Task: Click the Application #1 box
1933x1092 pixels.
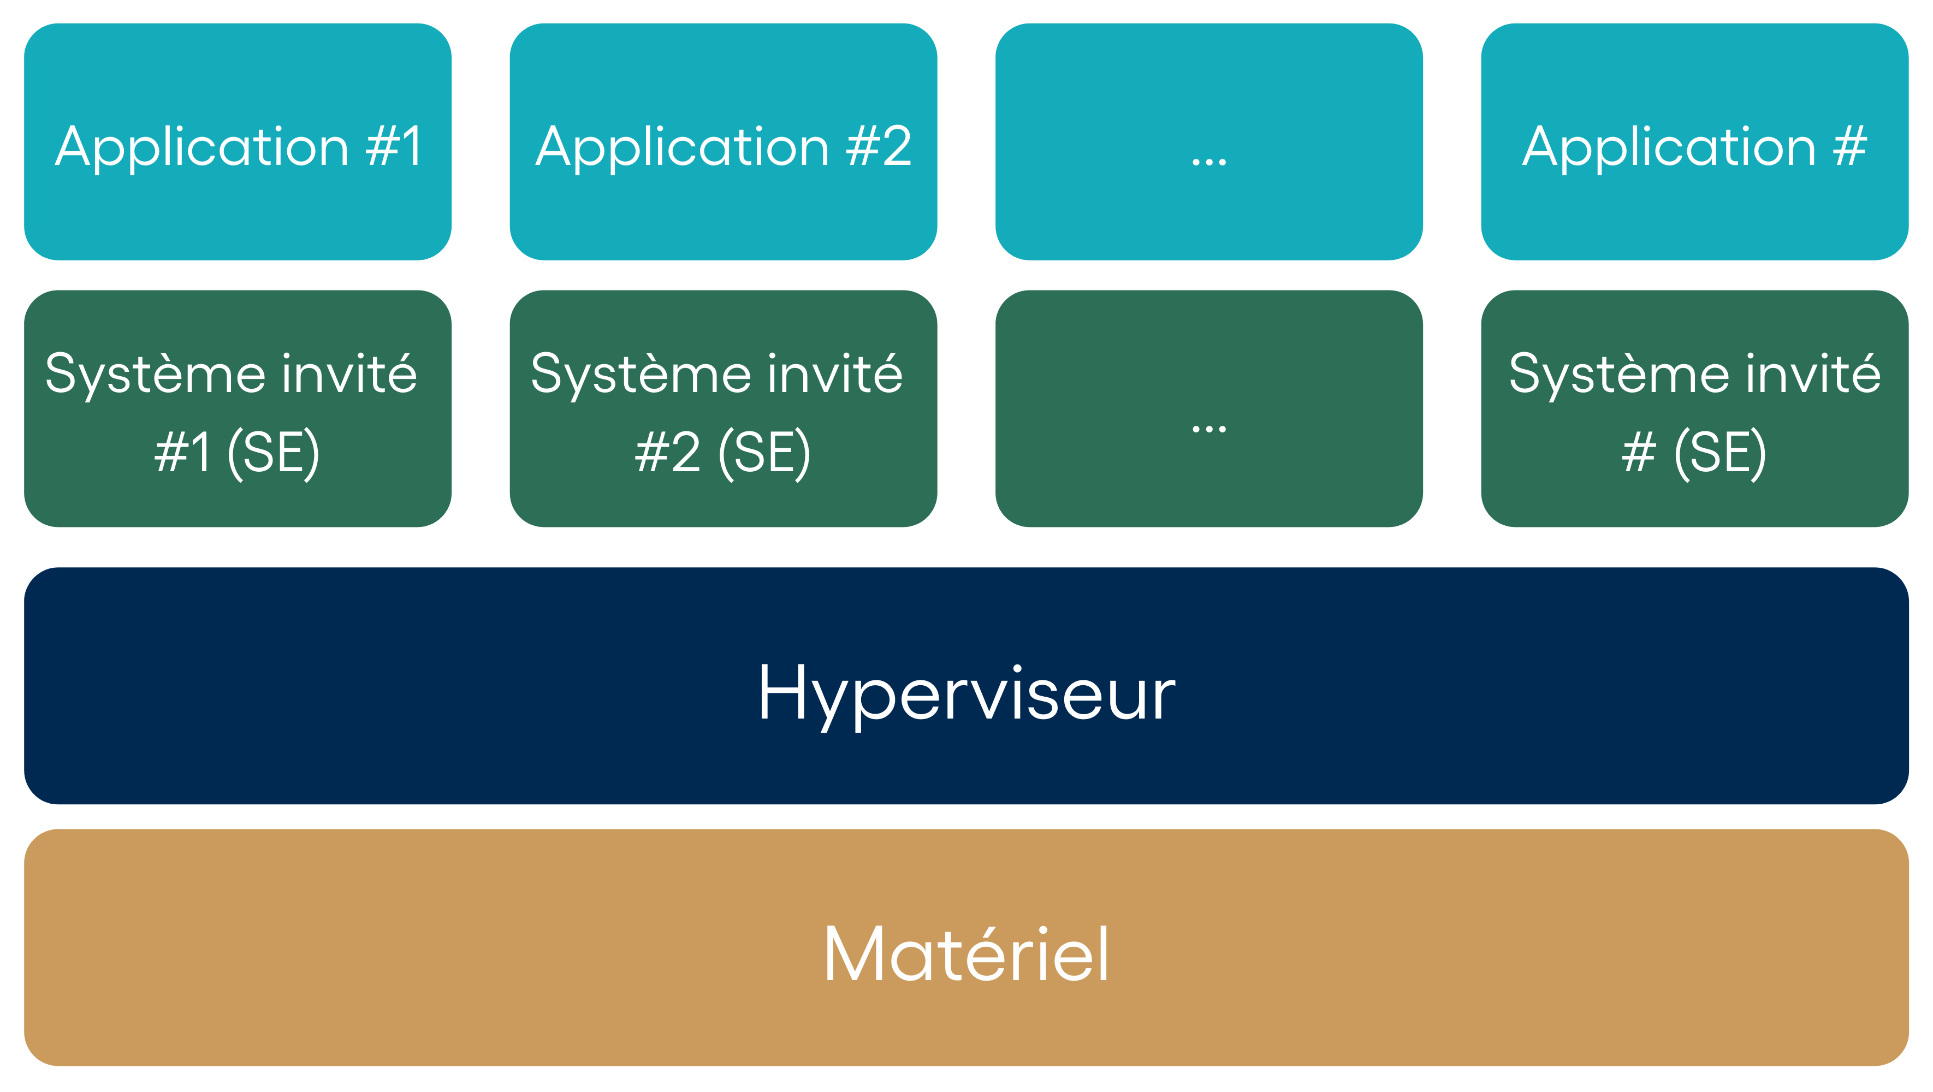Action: (x=238, y=142)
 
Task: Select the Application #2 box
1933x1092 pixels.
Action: (x=724, y=142)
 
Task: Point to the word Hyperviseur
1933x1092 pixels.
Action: (x=966, y=694)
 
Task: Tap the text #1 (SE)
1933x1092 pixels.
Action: (x=237, y=453)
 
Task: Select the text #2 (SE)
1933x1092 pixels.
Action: (x=722, y=453)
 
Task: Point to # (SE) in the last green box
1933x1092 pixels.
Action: (x=1694, y=453)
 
